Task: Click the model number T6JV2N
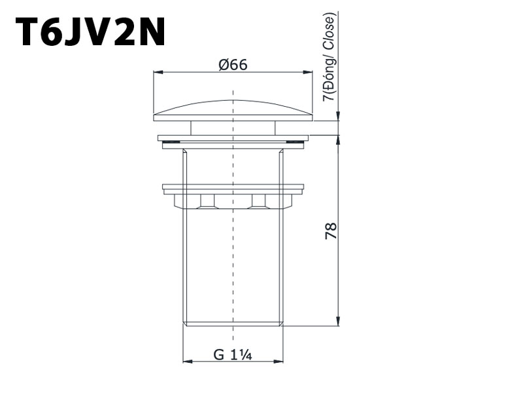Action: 90,31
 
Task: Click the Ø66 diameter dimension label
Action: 233,65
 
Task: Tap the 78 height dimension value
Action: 331,231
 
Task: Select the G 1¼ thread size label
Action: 233,354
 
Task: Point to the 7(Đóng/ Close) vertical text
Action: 329,57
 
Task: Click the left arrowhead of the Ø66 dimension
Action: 158,72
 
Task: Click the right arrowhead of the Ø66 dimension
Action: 308,72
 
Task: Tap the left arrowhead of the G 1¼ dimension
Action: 188,362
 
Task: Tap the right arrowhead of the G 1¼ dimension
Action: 278,362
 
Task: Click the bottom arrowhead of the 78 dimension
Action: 338,320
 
